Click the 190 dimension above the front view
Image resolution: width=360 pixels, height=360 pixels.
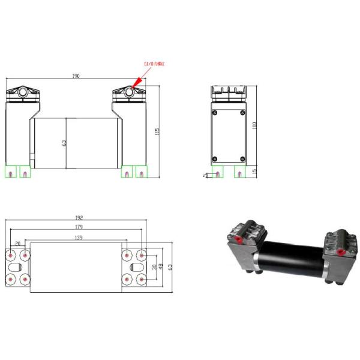(x=76, y=77)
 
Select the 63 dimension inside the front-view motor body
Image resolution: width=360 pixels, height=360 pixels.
(x=64, y=143)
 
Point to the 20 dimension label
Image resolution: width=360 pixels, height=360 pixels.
(x=17, y=243)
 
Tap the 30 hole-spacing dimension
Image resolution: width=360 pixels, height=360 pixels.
(x=154, y=266)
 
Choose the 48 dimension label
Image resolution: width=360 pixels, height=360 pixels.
(x=161, y=266)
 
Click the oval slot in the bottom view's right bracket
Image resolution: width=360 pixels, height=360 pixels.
(x=136, y=266)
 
